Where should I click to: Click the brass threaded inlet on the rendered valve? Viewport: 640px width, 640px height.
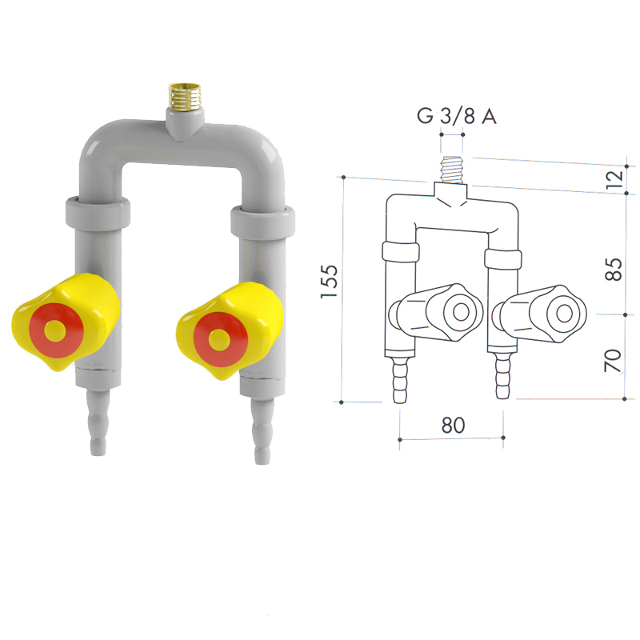(x=185, y=97)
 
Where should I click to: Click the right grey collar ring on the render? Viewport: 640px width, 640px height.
(x=262, y=222)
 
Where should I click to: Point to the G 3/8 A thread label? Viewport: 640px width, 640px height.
(x=456, y=116)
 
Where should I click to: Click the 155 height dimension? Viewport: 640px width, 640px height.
(x=330, y=282)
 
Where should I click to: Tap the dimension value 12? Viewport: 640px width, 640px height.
(x=614, y=179)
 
